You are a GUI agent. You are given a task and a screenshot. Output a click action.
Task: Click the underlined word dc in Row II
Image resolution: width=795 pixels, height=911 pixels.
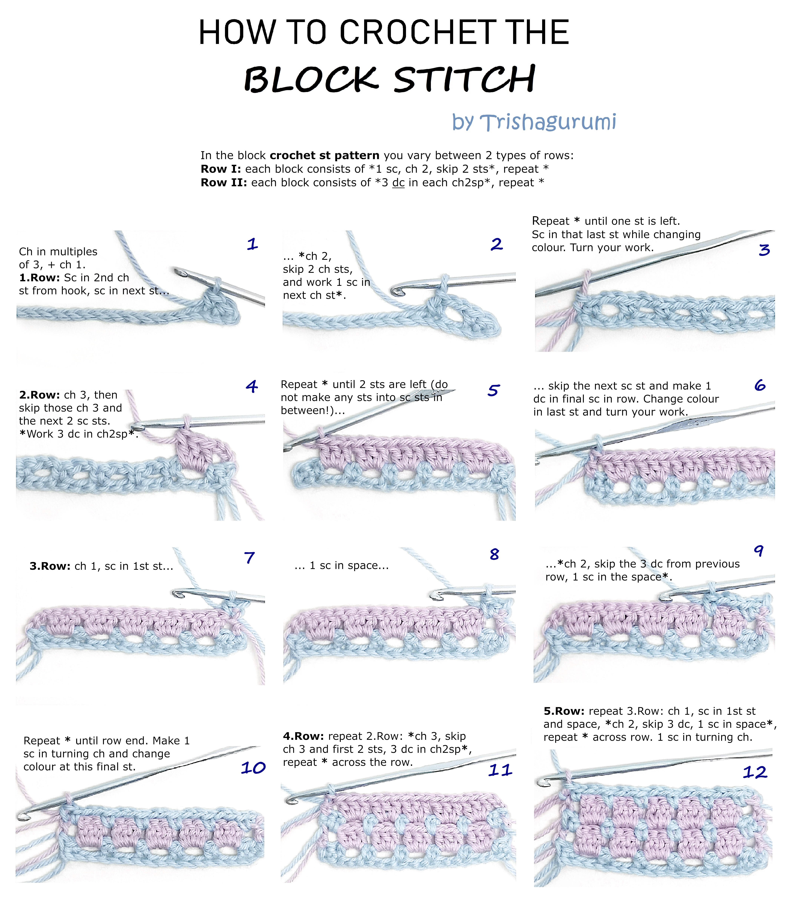(x=398, y=183)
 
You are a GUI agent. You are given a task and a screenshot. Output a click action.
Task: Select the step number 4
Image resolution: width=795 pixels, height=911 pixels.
(x=252, y=387)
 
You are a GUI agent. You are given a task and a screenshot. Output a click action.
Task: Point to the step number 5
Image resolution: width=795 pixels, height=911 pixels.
(x=493, y=390)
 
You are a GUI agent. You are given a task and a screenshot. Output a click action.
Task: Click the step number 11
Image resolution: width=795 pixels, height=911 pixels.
(x=500, y=770)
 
